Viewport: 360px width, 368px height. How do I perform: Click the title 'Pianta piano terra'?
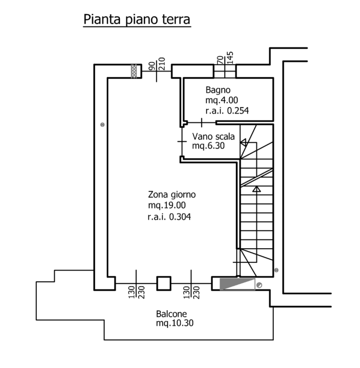pyautogui.click(x=136, y=19)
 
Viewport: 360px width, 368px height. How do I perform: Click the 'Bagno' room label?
pyautogui.click(x=218, y=90)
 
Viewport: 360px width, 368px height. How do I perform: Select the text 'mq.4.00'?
pyautogui.click(x=221, y=100)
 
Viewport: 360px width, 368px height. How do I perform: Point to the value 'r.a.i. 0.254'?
pyautogui.click(x=227, y=110)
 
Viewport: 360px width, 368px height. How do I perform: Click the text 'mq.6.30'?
pyautogui.click(x=208, y=146)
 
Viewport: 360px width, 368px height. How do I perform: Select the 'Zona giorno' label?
pyautogui.click(x=168, y=194)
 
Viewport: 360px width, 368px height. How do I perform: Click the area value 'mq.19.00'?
pyautogui.click(x=167, y=205)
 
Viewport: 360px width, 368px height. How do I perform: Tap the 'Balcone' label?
pyautogui.click(x=171, y=314)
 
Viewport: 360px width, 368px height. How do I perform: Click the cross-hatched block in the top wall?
pyautogui.click(x=135, y=71)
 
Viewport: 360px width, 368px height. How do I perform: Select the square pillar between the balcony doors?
pyautogui.click(x=163, y=283)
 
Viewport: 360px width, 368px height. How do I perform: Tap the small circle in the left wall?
pyautogui.click(x=102, y=125)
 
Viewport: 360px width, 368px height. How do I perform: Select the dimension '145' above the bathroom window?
pyautogui.click(x=230, y=57)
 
